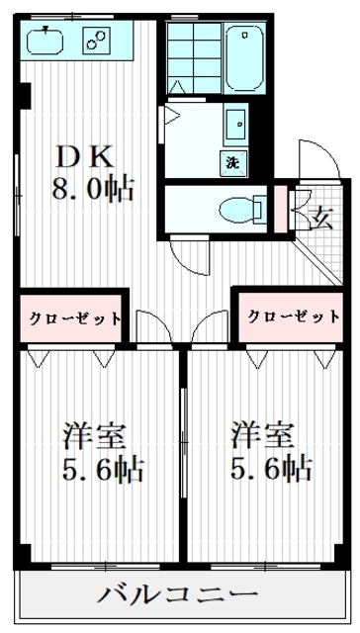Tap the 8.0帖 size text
(93, 187)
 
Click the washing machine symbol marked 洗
(234, 161)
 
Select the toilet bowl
(237, 208)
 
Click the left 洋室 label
(87, 436)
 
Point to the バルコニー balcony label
(179, 596)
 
